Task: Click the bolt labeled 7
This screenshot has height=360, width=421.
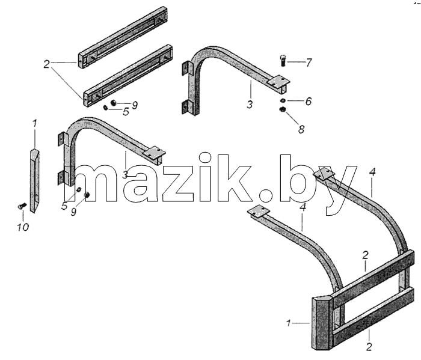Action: (283, 61)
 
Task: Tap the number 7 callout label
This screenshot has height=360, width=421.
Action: (309, 63)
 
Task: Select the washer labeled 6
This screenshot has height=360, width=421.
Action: (283, 100)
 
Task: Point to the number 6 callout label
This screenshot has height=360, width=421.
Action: (309, 102)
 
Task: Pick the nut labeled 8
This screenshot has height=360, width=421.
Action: (283, 109)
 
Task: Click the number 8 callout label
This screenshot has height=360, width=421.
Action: (301, 129)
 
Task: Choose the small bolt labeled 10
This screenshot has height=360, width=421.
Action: (22, 206)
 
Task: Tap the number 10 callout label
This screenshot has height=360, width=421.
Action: (23, 228)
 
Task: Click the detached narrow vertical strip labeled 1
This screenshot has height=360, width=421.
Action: (34, 180)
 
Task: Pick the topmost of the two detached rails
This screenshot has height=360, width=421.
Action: (123, 37)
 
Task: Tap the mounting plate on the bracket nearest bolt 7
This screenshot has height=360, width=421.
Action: (279, 81)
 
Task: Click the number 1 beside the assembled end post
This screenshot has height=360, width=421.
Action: (289, 323)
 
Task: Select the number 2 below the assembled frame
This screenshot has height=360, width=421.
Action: (369, 347)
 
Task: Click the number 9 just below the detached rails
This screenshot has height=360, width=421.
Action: (135, 105)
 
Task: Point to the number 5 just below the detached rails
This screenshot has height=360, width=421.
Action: (126, 112)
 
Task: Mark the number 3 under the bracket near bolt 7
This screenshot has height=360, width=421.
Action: (250, 105)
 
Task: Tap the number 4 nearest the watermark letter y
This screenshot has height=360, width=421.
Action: (372, 172)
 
